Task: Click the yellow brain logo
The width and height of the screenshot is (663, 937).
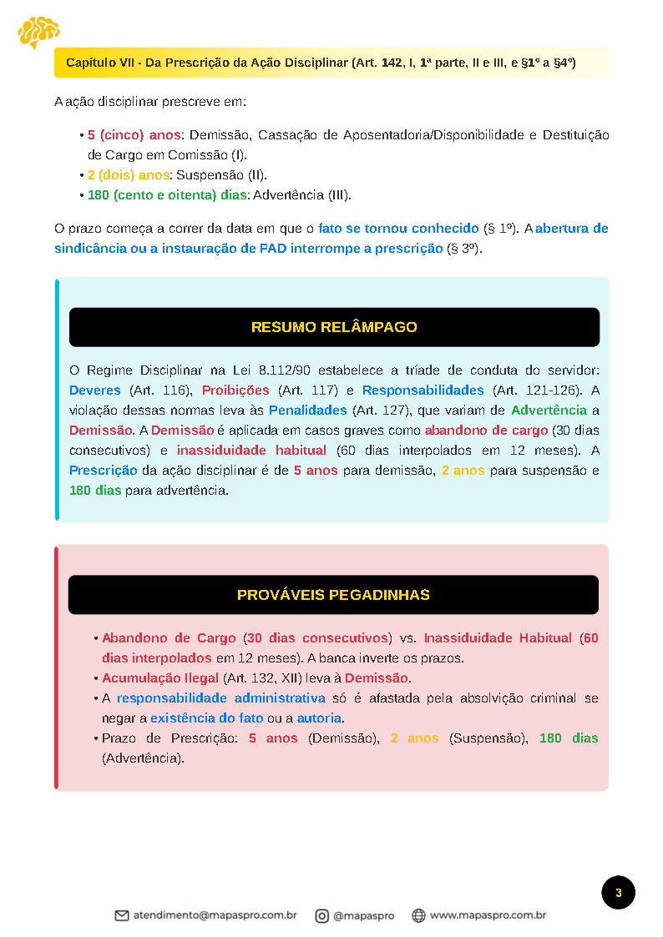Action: click(38, 32)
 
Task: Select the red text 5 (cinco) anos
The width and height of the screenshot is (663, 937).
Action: click(134, 134)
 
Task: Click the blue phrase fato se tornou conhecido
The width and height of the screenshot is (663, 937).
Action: click(398, 228)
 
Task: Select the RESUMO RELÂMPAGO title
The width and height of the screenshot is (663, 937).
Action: click(334, 327)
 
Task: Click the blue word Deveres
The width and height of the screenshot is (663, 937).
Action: click(95, 390)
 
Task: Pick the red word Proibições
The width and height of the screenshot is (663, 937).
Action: click(235, 390)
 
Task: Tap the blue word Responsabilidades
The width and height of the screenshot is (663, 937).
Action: click(423, 390)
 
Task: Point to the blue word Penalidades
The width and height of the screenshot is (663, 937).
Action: click(307, 410)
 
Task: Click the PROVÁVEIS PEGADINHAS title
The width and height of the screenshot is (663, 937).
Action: click(333, 595)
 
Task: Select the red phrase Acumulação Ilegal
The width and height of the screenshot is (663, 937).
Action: click(160, 678)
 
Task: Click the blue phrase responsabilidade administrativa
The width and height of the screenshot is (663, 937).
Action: click(220, 698)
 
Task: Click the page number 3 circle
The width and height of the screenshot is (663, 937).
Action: click(618, 893)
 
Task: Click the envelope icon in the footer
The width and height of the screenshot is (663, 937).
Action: click(122, 915)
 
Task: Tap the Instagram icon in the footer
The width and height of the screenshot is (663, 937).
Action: click(321, 915)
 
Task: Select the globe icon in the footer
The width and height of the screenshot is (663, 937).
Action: click(419, 915)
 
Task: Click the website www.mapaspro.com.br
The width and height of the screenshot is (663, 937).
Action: click(488, 915)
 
